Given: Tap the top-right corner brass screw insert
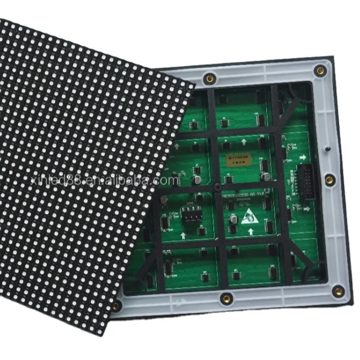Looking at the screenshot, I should click(319, 70).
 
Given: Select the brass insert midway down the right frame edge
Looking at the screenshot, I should click(329, 180).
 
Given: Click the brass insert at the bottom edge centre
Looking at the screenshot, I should click(225, 299).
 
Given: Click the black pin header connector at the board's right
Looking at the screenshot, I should click(303, 179).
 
